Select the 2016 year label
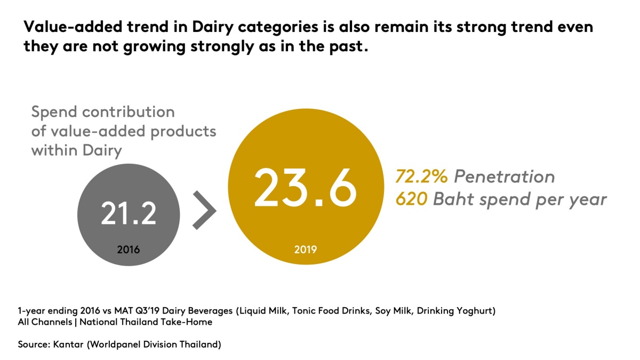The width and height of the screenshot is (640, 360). (x=129, y=249)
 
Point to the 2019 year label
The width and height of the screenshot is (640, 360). (x=305, y=249)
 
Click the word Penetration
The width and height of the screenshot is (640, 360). (x=504, y=177)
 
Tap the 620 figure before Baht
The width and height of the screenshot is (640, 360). (x=411, y=199)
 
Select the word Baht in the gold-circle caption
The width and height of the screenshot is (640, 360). (x=455, y=199)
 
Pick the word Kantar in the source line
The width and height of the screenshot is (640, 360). (x=67, y=345)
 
